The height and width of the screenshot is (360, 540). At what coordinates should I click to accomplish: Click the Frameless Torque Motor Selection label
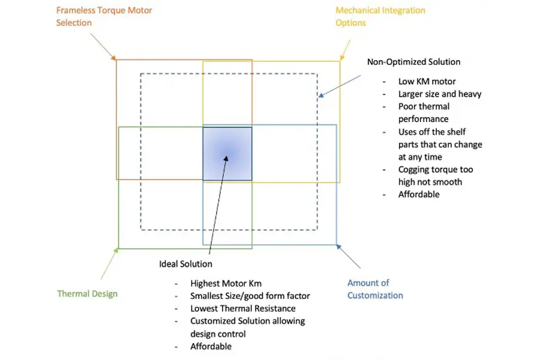[x=104, y=16]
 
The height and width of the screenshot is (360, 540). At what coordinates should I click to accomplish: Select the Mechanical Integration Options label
[x=380, y=16]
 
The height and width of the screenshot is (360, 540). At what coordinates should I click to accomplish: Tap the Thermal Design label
[x=88, y=294]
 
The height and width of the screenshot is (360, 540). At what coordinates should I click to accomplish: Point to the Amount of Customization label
[x=375, y=289]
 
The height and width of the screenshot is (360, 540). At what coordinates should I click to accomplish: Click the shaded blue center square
[x=227, y=154]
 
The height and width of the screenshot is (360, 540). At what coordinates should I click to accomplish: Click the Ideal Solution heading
[x=185, y=264]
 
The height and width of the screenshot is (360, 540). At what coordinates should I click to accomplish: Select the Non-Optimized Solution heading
[x=413, y=62]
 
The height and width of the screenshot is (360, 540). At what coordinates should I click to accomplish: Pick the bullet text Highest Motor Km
[x=226, y=283]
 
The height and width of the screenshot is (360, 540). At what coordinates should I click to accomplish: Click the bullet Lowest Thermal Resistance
[x=243, y=308]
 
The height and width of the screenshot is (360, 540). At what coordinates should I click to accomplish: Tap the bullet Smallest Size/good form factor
[x=250, y=296]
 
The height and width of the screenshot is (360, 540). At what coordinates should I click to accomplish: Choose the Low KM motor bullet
[x=427, y=82]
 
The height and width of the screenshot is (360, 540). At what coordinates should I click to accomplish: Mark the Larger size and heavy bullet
[x=440, y=94]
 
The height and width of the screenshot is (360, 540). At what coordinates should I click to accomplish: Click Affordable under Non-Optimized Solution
[x=419, y=194]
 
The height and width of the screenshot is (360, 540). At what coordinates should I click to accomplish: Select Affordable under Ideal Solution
[x=211, y=346]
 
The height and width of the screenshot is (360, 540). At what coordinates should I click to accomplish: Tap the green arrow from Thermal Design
[x=109, y=264]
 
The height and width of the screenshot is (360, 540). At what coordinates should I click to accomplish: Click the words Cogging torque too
[x=435, y=170]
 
